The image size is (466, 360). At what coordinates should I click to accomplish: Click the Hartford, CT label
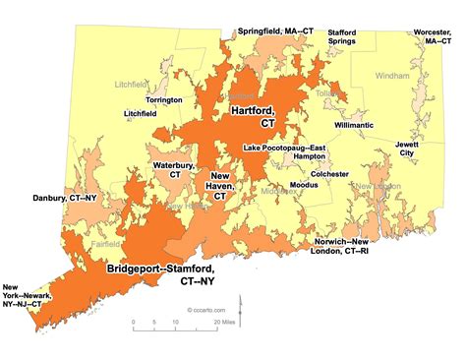(253, 118)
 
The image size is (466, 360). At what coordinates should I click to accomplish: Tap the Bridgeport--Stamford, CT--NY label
(159, 272)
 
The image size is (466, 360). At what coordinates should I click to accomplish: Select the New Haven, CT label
(219, 186)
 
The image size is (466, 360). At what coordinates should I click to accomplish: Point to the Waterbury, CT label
(173, 169)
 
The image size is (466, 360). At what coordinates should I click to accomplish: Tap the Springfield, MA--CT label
(260, 31)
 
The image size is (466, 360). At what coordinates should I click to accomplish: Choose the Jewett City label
(406, 148)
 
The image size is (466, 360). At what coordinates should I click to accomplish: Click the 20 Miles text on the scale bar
(229, 321)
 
